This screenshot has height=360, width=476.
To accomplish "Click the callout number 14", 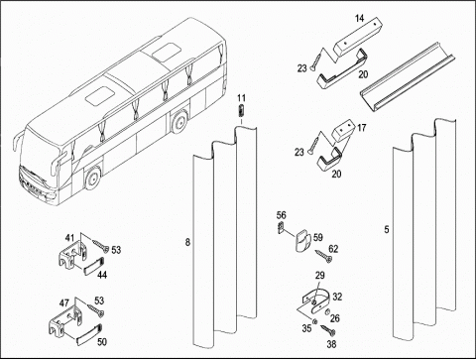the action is pos(360,18).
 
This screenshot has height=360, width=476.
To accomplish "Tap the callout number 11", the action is pos(242,98).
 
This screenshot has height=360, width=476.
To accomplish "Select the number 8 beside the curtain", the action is pos(187,243).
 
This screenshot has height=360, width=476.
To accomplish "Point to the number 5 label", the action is pos(387,229).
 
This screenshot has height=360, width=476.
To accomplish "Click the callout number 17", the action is pos(362,128).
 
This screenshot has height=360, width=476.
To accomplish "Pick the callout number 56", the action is pos(282,215).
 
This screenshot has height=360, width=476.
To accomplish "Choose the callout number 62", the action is pos(333,249).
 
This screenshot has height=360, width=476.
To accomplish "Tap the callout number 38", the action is pos(331,344).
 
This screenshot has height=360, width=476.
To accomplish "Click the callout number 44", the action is pos(102,275).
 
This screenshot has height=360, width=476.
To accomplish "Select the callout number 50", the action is pos(102,342).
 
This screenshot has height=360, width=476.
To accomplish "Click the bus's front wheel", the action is pos(93,178).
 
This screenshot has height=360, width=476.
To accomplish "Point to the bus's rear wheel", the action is pos(179,121).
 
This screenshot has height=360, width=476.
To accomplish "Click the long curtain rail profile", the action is pos(408,77).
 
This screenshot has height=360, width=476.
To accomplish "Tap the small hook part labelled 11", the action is pos(242,110).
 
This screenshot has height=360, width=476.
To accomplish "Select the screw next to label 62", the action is pos(324,256).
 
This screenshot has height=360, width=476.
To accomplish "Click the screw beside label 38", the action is pos(327,330).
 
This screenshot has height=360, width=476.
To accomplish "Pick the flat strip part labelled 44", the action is pos(93,266).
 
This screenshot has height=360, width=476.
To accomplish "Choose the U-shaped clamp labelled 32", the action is pos(316,302).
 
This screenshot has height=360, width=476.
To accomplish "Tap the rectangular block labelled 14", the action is pos(358,38).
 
